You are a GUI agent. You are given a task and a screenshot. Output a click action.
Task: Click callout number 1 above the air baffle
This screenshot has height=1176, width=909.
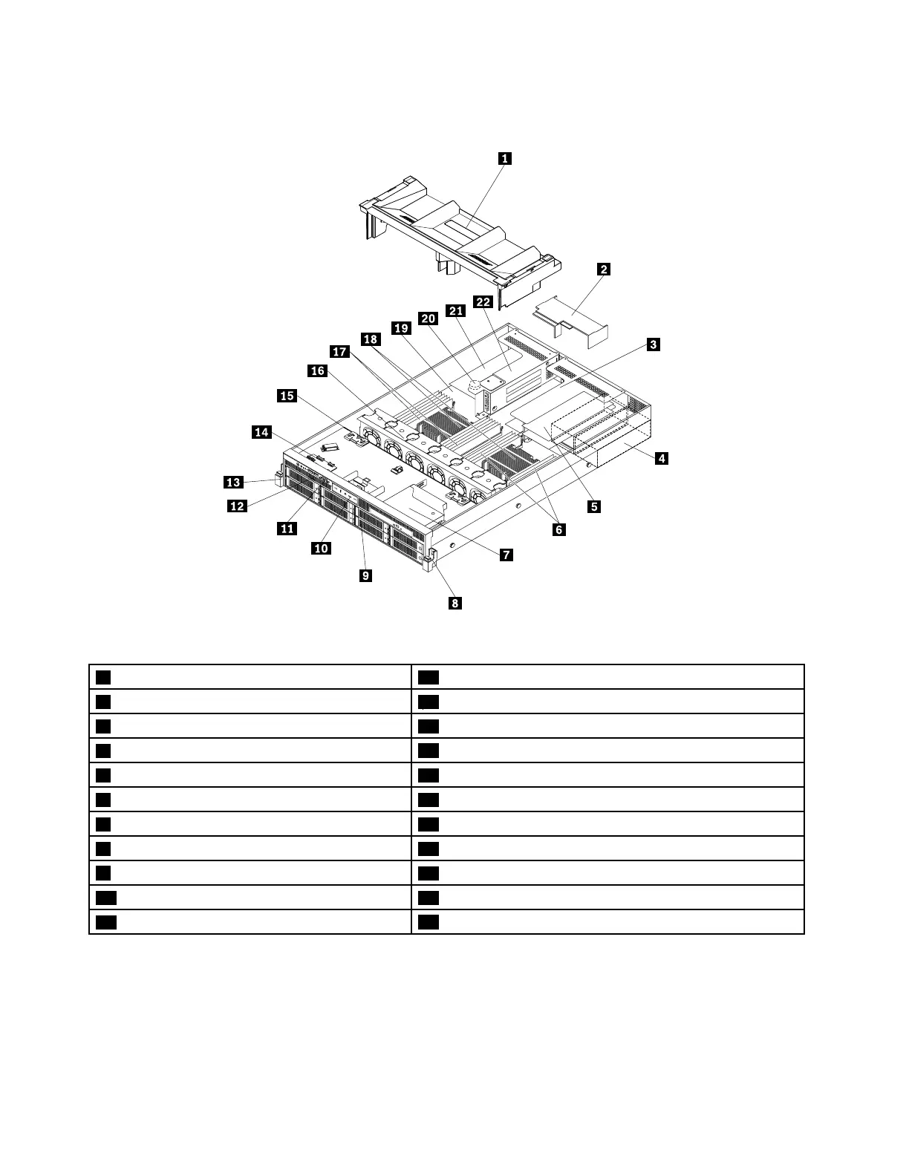(x=504, y=158)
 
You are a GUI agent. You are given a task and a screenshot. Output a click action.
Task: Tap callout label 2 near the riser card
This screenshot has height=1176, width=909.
(x=604, y=269)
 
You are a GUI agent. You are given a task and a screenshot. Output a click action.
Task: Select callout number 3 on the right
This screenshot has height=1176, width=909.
(x=653, y=344)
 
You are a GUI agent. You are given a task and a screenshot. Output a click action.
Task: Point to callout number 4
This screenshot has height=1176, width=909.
(x=660, y=458)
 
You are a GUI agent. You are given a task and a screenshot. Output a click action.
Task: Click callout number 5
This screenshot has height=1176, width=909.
(x=593, y=507)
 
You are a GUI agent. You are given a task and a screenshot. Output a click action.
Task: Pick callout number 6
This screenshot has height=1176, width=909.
(x=558, y=529)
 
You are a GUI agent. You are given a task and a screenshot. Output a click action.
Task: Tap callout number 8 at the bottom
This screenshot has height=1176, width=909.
(x=454, y=603)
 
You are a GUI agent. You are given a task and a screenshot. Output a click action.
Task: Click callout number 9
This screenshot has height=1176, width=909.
(x=365, y=575)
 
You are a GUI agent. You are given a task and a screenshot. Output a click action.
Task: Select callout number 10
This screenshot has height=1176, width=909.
(x=321, y=548)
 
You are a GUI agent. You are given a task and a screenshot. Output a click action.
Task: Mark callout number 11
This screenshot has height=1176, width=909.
(x=287, y=529)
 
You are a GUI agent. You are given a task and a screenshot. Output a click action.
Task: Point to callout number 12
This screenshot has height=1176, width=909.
(x=237, y=506)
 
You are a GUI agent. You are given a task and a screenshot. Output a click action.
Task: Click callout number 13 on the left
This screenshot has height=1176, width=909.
(x=233, y=483)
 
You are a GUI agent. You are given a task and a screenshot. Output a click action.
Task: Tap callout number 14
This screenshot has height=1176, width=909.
(x=262, y=432)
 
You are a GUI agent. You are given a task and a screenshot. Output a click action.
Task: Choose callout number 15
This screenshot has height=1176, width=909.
(x=287, y=396)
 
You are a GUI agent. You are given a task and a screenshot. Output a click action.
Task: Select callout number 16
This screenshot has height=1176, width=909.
(x=318, y=370)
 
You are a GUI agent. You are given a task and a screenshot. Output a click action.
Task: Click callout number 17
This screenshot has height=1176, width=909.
(x=340, y=352)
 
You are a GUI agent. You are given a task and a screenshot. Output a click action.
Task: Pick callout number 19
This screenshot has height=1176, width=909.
(x=401, y=327)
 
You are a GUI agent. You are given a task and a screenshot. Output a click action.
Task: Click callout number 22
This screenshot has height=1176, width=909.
(x=483, y=302)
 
